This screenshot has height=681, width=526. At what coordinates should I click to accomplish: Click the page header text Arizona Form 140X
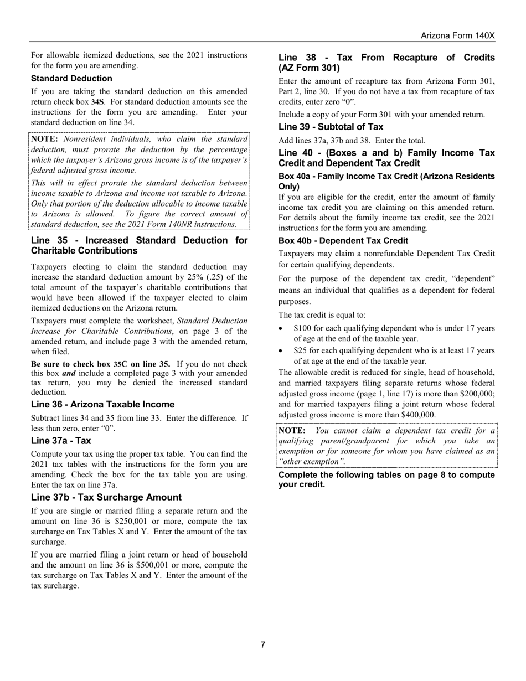click(x=457, y=35)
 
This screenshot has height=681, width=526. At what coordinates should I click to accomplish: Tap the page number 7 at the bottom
click(x=263, y=644)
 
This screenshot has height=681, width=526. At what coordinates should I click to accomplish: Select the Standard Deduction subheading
click(x=71, y=79)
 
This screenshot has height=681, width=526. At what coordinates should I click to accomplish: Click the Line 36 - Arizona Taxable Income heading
click(x=102, y=405)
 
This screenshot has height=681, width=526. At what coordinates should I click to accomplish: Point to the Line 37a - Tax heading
click(x=61, y=441)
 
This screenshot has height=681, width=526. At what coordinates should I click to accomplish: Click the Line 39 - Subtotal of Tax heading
click(x=331, y=127)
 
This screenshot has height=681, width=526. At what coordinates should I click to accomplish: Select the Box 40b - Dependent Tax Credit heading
click(x=343, y=241)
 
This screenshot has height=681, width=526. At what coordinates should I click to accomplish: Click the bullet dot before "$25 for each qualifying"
click(x=282, y=351)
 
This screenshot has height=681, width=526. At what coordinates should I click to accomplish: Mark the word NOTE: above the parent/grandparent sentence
click(x=291, y=431)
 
